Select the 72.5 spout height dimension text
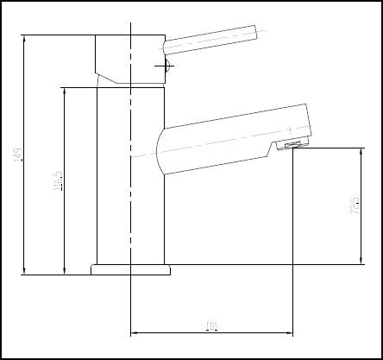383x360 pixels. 355,208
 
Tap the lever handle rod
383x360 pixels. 211,39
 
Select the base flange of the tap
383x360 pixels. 130,268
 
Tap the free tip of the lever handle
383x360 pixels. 260,34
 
